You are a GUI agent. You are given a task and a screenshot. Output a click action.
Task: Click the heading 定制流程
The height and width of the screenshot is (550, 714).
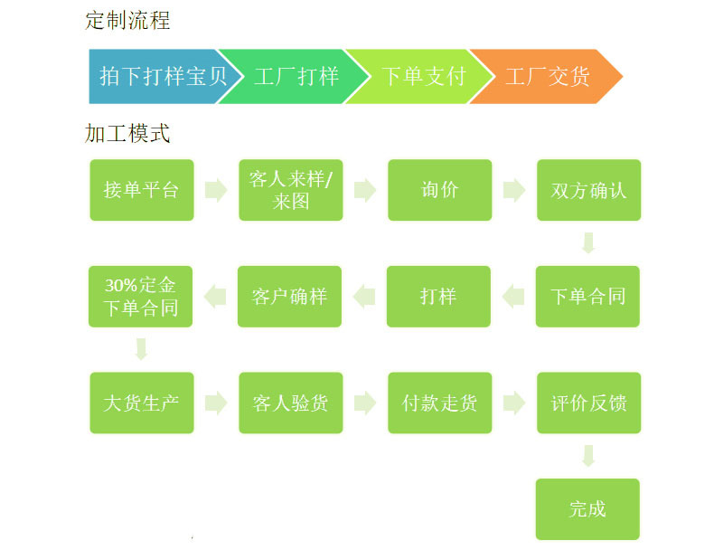tap(127, 20)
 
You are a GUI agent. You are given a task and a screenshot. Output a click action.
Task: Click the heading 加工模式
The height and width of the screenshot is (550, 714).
tap(127, 134)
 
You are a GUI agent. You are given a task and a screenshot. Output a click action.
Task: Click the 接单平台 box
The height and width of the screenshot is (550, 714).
tap(142, 190)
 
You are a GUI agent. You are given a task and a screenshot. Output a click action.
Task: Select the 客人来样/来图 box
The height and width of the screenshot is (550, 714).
tap(291, 190)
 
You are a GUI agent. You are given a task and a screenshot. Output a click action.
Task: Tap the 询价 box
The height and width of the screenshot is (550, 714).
tap(440, 190)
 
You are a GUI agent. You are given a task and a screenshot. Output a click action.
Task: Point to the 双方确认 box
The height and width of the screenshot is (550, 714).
tap(588, 190)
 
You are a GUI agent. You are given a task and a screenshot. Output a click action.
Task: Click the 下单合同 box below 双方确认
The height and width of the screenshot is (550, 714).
tap(587, 296)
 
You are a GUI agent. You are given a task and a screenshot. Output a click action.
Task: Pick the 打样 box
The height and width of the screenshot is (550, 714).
tap(438, 296)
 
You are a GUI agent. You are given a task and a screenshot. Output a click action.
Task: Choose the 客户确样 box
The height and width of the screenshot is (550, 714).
tap(289, 296)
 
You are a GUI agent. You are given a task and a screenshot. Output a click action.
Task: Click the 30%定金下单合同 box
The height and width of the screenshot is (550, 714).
tap(140, 296)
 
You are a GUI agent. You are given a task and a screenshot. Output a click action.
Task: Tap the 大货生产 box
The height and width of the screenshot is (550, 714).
tap(142, 403)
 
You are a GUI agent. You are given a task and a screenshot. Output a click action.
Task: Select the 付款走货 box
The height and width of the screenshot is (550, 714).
tap(440, 403)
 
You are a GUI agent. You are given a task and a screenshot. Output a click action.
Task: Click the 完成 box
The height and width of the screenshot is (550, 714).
tap(587, 509)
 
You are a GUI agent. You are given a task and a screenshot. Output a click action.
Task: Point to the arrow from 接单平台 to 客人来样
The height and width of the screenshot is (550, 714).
tap(216, 190)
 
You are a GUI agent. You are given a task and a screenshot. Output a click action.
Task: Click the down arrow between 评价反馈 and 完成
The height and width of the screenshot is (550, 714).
tap(588, 455)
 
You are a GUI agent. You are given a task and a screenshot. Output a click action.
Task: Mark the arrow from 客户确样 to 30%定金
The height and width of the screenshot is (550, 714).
tap(214, 296)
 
